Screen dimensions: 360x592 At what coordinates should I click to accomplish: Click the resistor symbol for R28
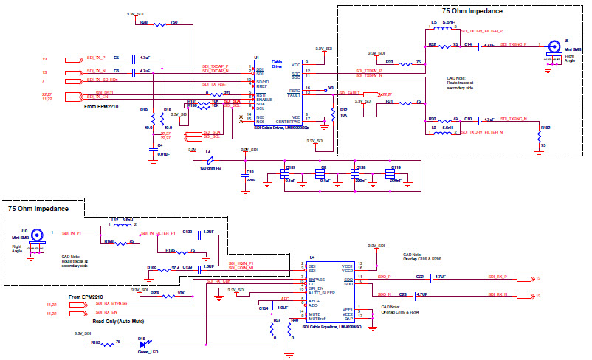(157, 23)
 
